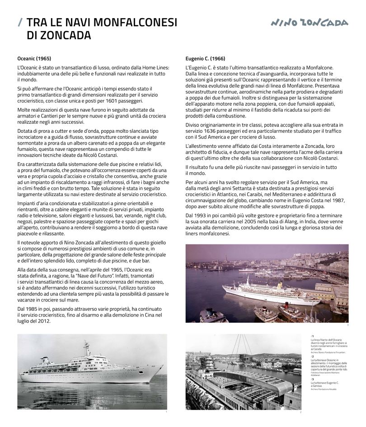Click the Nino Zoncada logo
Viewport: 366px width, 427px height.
coord(310,23)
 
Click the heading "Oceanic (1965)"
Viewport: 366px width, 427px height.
coord(34,59)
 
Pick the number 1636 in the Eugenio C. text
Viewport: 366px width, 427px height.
coord(215,131)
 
